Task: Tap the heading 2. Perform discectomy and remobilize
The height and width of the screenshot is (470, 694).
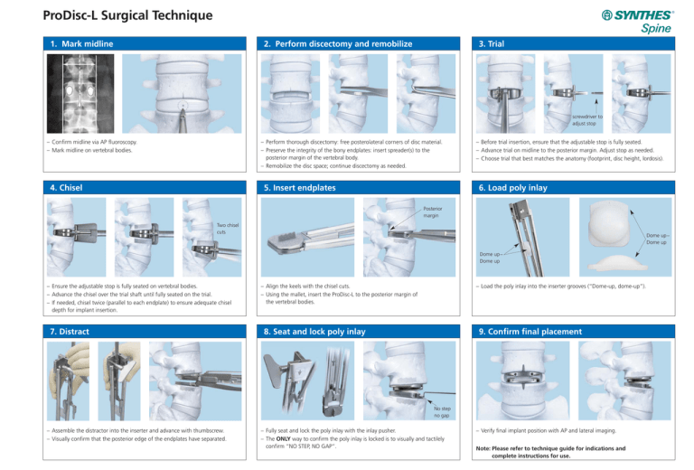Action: pyautogui.click(x=333, y=43)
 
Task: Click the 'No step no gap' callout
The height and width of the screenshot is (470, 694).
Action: pyautogui.click(x=442, y=411)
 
